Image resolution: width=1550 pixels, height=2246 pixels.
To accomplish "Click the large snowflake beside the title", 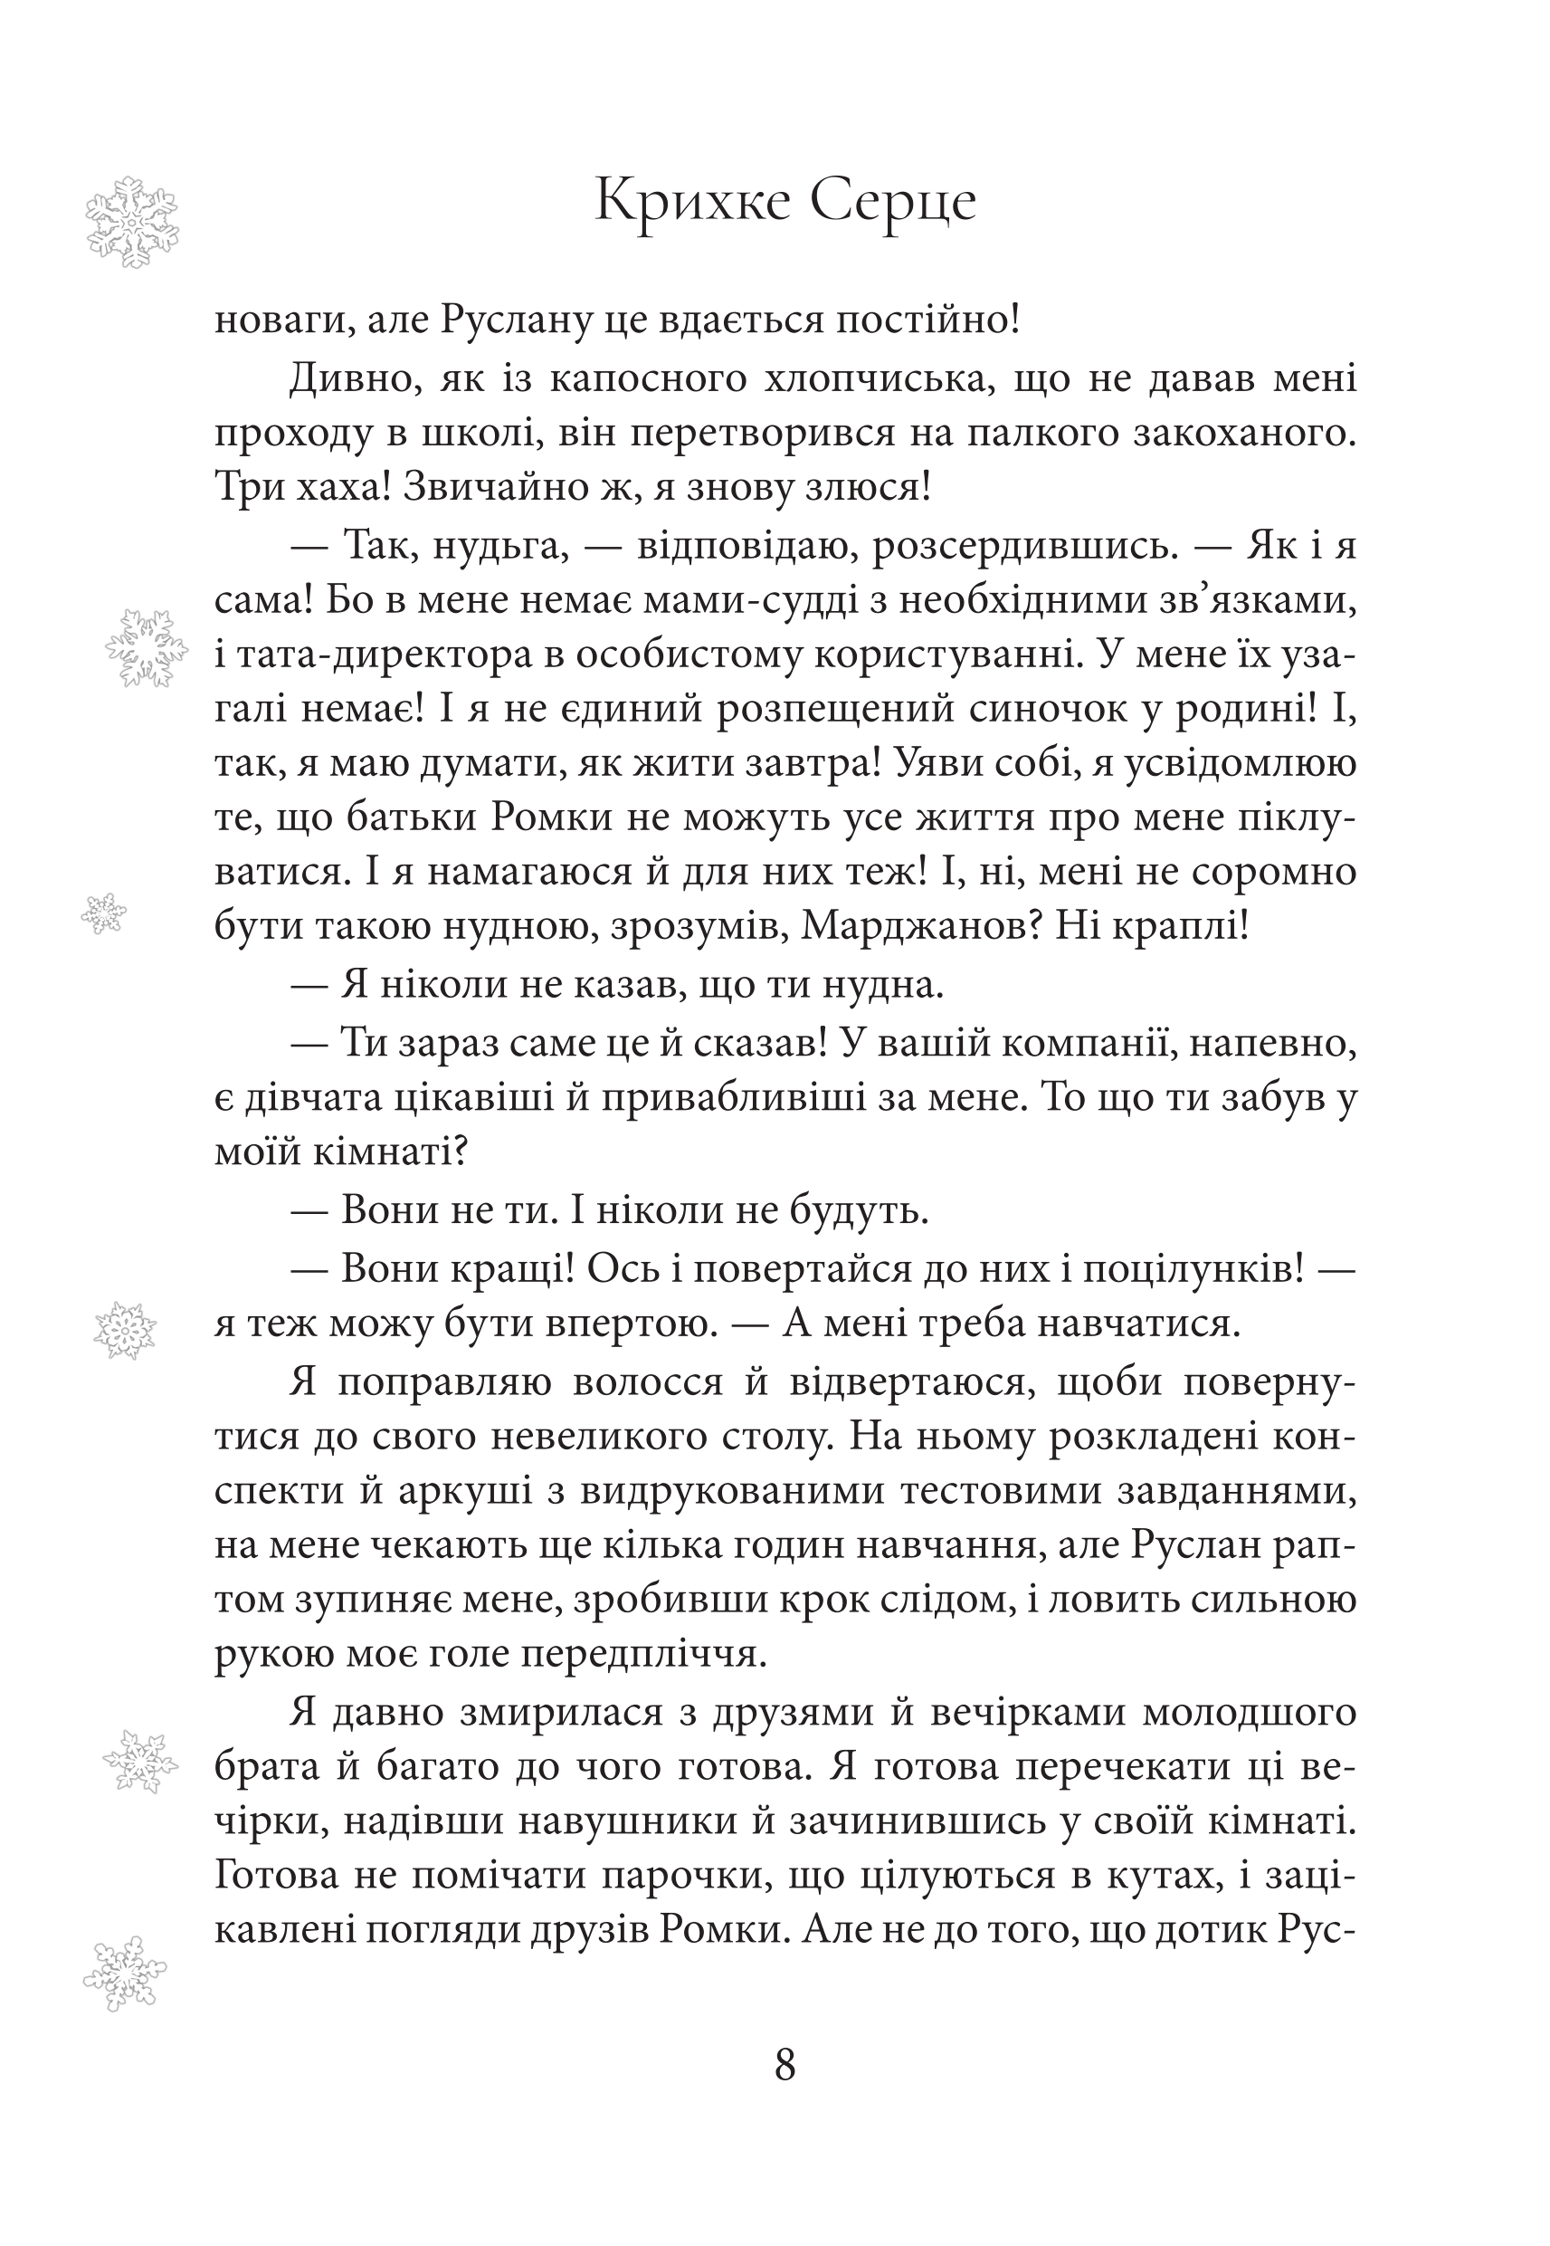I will [131, 223].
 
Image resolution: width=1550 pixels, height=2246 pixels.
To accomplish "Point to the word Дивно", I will [356, 377].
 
